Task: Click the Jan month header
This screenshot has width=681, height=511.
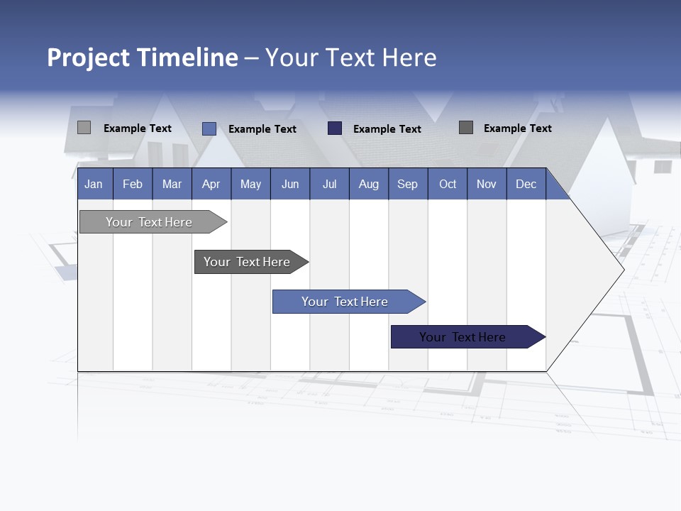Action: [x=94, y=184]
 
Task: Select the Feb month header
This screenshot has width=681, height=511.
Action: [x=133, y=184]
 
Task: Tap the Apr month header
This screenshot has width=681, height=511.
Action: [x=211, y=184]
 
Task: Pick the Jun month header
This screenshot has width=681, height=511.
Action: [x=290, y=184]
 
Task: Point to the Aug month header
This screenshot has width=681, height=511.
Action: [x=368, y=184]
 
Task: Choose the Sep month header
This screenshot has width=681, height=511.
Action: [x=407, y=184]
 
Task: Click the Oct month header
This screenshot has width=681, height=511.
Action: [x=448, y=184]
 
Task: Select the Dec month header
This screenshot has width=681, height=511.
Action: [x=526, y=184]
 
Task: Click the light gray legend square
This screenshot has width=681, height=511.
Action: [x=84, y=128]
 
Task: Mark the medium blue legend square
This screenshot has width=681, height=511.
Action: [x=209, y=128]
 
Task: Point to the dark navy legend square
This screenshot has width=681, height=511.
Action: [x=335, y=128]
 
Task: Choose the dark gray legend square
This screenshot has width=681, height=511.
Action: [x=466, y=128]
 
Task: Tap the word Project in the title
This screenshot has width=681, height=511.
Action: [x=88, y=57]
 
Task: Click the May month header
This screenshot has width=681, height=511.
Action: [x=250, y=184]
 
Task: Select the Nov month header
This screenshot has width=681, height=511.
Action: [x=487, y=184]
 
